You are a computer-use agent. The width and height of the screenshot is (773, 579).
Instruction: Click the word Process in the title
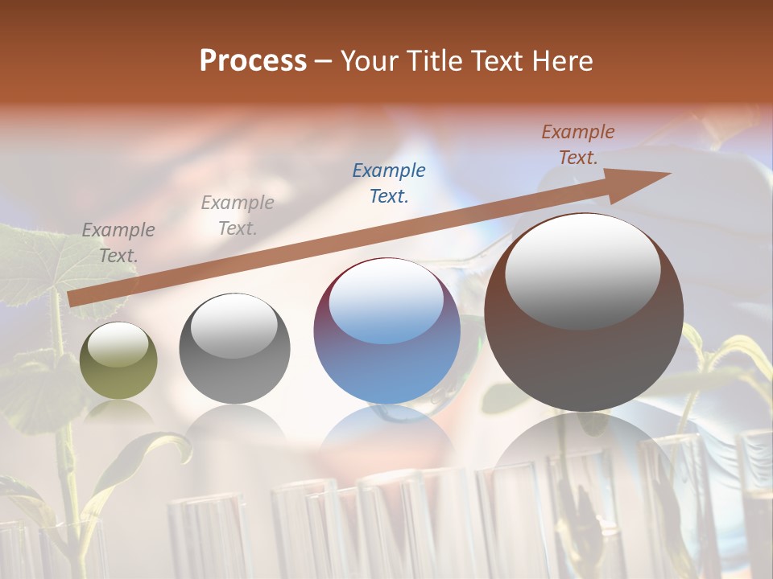[x=253, y=61]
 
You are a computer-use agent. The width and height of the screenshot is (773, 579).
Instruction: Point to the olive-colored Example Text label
[x=118, y=243]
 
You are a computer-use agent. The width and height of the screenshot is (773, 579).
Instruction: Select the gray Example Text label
[x=238, y=216]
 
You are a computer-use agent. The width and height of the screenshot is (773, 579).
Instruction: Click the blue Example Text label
[x=389, y=183]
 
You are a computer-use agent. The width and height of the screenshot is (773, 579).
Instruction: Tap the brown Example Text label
[x=578, y=145]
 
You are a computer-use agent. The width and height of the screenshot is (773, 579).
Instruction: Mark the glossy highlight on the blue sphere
[x=386, y=300]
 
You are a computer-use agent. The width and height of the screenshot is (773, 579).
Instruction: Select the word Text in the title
[x=497, y=61]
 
